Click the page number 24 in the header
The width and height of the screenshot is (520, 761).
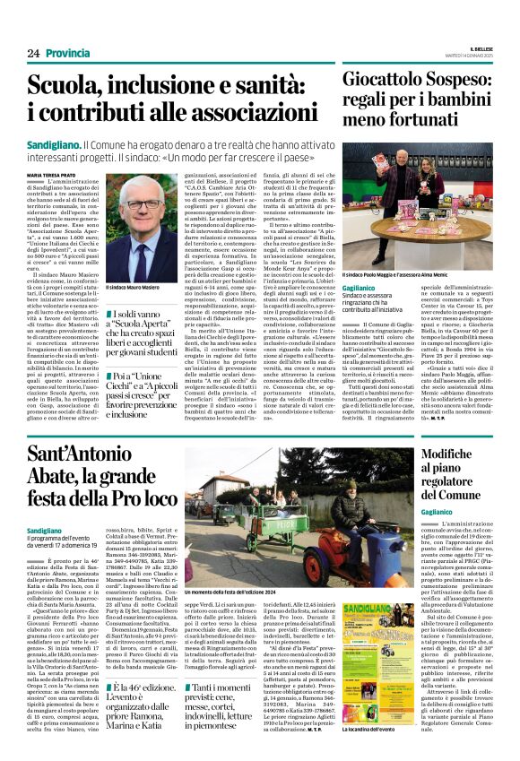point(34,54)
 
